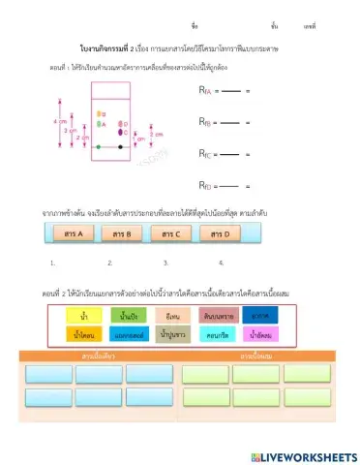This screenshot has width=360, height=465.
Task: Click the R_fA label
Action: pyautogui.click(x=203, y=91)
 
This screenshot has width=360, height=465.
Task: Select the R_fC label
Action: pyautogui.click(x=203, y=154)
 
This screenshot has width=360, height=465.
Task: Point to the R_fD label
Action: pyautogui.click(x=203, y=185)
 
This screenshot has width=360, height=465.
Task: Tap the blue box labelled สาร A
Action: pyautogui.click(x=71, y=233)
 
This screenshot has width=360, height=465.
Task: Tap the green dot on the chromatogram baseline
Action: pyautogui.click(x=98, y=147)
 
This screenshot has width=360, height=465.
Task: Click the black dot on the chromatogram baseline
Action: pyautogui.click(x=120, y=147)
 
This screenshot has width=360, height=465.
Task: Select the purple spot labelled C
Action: pyautogui.click(x=120, y=132)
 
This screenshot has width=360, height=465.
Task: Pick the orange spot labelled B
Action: pyautogui.click(x=100, y=114)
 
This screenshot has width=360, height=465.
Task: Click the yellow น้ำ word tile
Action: pyautogui.click(x=83, y=315)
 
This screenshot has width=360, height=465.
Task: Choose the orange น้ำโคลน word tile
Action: pyautogui.click(x=83, y=335)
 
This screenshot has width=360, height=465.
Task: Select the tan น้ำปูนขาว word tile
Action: pyautogui.click(x=173, y=335)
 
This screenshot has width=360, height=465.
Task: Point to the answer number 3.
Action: pyautogui.click(x=165, y=263)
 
